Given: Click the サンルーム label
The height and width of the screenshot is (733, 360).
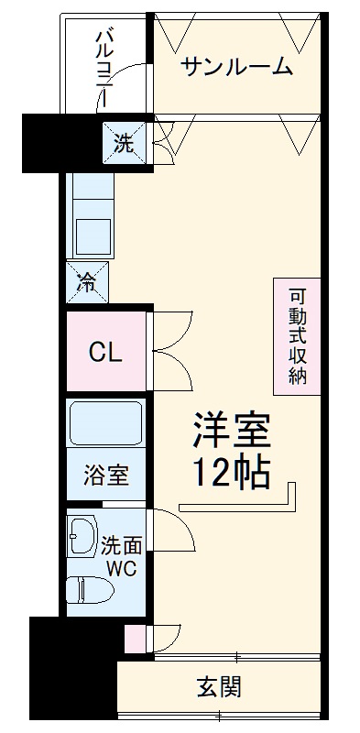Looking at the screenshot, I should coord(236,67).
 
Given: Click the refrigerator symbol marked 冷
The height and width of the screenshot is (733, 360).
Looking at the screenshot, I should coord(87,282).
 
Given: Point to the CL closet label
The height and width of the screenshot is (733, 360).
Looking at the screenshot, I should coord(105,352).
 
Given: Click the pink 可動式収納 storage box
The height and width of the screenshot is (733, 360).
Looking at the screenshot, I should coord(297,336).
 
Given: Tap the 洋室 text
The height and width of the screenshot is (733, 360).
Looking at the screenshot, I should coord(231,431).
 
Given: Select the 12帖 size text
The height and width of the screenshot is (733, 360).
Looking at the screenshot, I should coord(231,472).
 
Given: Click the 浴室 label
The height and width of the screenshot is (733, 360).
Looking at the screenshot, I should coord(106,476).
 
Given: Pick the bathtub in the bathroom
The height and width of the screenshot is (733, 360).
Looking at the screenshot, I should coord(106,424).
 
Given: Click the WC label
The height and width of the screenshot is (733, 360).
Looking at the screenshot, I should coord(120,568).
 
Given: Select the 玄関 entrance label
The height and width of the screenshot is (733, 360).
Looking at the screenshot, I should coord(220,686).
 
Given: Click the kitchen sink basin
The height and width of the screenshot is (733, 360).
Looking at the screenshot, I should coord(92,235).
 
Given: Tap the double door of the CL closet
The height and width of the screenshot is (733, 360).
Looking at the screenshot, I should coord(170,352).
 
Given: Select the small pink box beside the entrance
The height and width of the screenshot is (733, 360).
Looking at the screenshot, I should coord(134,638).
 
